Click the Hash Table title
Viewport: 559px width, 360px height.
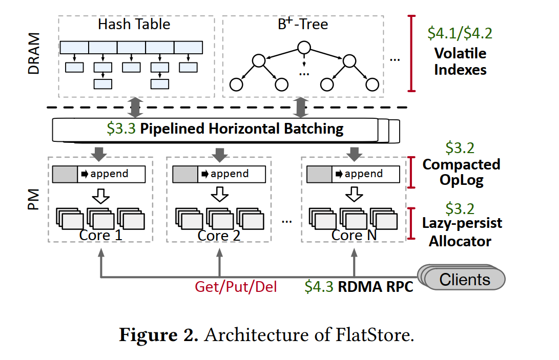click(x=134, y=25)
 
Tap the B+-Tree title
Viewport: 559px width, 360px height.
click(x=303, y=25)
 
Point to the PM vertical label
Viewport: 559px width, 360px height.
click(x=34, y=198)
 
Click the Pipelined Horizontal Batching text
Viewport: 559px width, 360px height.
click(x=241, y=129)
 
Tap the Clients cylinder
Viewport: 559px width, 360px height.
click(x=464, y=280)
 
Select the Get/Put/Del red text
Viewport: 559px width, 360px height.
click(x=236, y=286)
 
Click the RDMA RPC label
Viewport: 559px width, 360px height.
click(x=375, y=286)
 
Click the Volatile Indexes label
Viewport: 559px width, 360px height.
click(x=460, y=61)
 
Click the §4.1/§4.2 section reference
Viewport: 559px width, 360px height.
click(x=460, y=34)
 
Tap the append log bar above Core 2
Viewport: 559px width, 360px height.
click(x=219, y=174)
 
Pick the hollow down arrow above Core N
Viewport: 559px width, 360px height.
click(x=353, y=195)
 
